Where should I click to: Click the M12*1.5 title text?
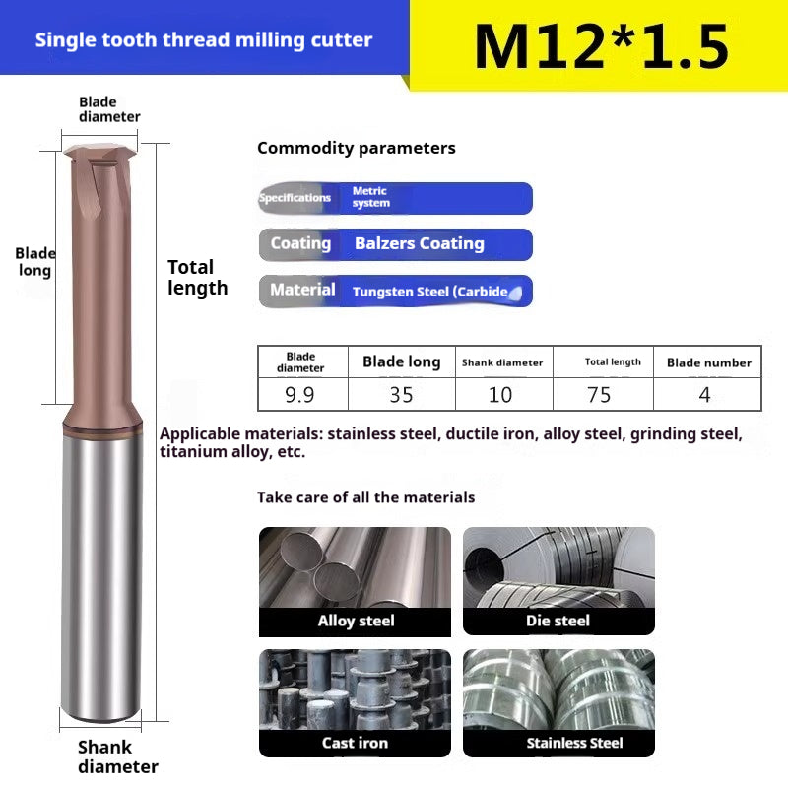(601, 45)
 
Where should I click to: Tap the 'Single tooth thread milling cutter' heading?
(204, 40)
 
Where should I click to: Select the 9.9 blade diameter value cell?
(300, 395)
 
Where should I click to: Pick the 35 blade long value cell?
(401, 395)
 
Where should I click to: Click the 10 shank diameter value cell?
(500, 395)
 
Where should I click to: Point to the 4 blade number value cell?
(705, 395)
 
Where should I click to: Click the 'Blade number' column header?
(708, 362)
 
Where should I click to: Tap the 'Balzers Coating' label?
(419, 243)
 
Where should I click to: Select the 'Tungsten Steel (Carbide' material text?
(430, 291)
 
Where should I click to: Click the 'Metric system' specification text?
(370, 197)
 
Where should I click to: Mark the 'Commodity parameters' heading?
(356, 148)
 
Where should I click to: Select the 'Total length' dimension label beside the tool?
(197, 277)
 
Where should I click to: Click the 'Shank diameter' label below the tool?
(118, 756)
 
